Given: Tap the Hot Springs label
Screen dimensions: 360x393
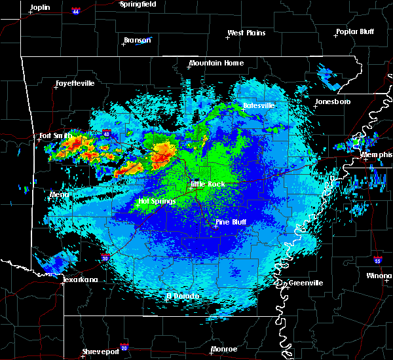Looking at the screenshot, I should [x=157, y=201].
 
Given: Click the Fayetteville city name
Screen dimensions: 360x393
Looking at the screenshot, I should [x=75, y=84].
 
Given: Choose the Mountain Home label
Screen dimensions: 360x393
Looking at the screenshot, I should [x=216, y=63].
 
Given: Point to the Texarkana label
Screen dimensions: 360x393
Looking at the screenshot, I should [x=81, y=279].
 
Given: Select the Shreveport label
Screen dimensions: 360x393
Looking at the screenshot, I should [x=101, y=352].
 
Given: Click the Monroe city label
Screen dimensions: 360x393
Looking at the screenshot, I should [x=224, y=349].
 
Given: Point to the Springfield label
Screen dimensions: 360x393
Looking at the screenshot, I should [x=138, y=4].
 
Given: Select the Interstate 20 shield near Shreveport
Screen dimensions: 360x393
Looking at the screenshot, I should [x=124, y=348].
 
